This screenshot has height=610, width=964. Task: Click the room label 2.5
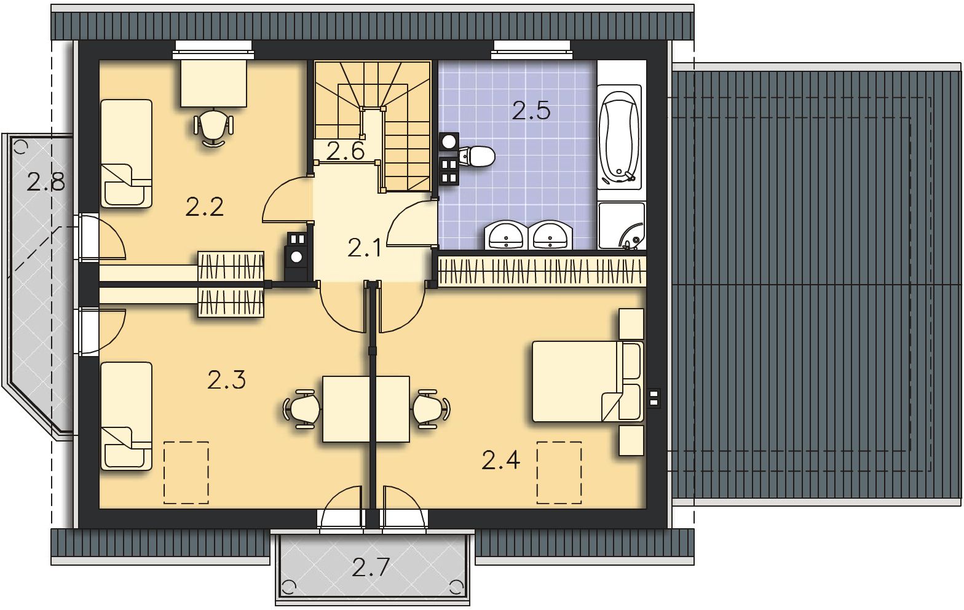coord(531,111)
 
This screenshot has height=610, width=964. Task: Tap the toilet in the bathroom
coord(477,156)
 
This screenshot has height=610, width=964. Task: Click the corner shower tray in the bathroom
coord(622,226)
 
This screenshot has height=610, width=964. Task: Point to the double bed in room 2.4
coord(588,381)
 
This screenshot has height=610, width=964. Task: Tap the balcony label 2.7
coord(371,567)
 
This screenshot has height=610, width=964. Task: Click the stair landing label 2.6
coord(346,151)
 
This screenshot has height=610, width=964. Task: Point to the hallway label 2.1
coord(364,248)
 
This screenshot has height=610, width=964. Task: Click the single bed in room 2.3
coord(127,416)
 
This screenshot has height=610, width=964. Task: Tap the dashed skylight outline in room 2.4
coord(559,472)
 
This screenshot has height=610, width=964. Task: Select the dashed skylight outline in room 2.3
coord(186,472)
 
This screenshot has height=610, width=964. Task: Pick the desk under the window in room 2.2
coord(213,82)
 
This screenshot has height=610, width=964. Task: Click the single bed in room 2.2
coord(127,154)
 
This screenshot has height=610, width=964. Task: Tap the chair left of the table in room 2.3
coord(302,409)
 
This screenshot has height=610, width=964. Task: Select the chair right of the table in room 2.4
coord(431,409)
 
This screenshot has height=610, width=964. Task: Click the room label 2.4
coord(501,461)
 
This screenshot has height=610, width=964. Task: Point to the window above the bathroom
coord(532,50)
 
